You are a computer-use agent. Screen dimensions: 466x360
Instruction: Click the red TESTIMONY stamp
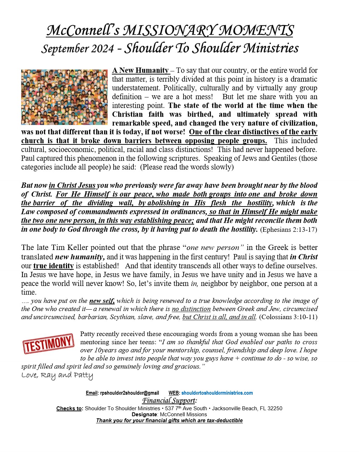pyautogui.click(x=48, y=343)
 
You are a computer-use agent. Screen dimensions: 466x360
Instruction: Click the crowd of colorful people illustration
pyautogui.click(x=64, y=97)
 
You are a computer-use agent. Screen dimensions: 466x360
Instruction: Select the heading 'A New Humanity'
pyautogui.click(x=140, y=70)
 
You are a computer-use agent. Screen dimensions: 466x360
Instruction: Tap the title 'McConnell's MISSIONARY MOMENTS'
pyautogui.click(x=170, y=30)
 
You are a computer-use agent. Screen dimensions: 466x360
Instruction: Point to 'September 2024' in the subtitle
pyautogui.click(x=77, y=49)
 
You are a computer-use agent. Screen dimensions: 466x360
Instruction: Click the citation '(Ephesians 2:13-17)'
pyautogui.click(x=288, y=230)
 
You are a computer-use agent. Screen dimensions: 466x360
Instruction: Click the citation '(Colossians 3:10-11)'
pyautogui.click(x=288, y=317)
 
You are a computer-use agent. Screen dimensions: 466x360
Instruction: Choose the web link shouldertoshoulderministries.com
pyautogui.click(x=217, y=393)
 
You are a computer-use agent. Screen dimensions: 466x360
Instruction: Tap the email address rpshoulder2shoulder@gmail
pyautogui.click(x=130, y=393)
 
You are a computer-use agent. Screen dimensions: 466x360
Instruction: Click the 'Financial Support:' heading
pyautogui.click(x=169, y=400)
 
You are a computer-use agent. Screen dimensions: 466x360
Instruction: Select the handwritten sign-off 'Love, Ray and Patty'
pyautogui.click(x=57, y=375)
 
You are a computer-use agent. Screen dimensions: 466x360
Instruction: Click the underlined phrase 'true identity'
pyautogui.click(x=53, y=266)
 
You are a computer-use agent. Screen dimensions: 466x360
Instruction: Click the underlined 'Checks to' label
pyautogui.click(x=70, y=408)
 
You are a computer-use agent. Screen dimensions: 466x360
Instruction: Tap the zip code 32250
pyautogui.click(x=275, y=408)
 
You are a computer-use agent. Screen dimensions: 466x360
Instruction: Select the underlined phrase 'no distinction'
pyautogui.click(x=191, y=309)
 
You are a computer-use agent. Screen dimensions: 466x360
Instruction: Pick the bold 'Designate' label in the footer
pyautogui.click(x=144, y=414)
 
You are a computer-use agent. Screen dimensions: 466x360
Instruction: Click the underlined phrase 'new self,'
pyautogui.click(x=102, y=301)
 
